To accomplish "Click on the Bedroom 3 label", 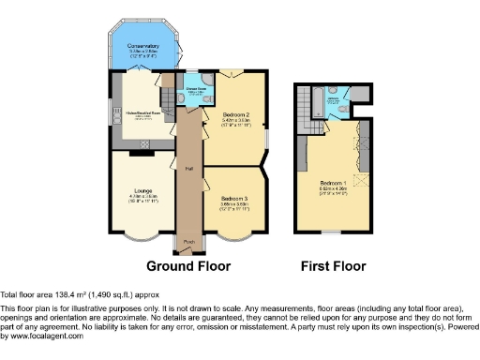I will pyautogui.click(x=235, y=198).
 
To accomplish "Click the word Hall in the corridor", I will pyautogui.click(x=188, y=170).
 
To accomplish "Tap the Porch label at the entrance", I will pyautogui.click(x=188, y=242).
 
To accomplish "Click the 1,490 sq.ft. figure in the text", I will pyautogui.click(x=110, y=294).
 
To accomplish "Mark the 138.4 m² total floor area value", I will pyautogui.click(x=66, y=294).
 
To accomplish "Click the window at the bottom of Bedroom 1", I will pyautogui.click(x=330, y=242).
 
